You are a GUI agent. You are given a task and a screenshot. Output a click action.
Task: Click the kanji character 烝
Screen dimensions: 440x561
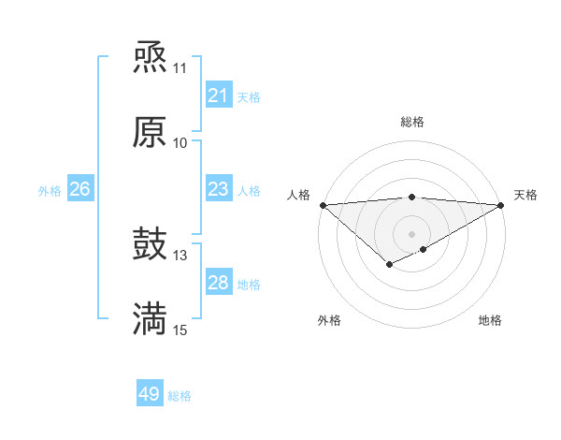[150, 58]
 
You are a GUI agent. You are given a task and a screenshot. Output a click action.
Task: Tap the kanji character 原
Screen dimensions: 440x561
[150, 132]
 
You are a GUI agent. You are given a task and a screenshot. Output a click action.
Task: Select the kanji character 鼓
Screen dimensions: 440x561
[150, 245]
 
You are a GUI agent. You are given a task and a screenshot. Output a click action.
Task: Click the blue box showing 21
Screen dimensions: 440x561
[218, 95]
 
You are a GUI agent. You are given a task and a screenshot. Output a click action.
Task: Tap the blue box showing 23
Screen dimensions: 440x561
[218, 189]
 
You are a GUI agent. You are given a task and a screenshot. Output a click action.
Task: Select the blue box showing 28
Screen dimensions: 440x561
[218, 283]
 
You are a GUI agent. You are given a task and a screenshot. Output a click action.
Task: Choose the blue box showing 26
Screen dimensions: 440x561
[79, 189]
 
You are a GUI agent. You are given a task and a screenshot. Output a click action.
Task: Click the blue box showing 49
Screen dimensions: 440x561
[150, 394]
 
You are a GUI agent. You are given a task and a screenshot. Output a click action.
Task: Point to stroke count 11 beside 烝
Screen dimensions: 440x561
[180, 68]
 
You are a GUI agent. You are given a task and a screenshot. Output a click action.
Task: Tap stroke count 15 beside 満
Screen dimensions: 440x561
[180, 330]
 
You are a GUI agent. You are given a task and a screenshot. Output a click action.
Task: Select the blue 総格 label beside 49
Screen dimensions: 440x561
[180, 396]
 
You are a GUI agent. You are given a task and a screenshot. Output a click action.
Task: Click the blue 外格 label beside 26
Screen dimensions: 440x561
[50, 191]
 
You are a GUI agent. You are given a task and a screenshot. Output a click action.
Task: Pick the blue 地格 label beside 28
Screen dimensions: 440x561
[249, 285]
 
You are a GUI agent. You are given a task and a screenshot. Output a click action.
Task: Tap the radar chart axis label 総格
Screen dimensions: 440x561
[412, 122]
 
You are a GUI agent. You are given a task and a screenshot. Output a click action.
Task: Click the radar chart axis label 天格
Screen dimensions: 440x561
[525, 195]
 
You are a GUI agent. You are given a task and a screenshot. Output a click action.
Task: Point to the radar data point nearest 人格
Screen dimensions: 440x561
[323, 205]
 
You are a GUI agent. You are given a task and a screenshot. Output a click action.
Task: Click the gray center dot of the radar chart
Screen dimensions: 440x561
[412, 233]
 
